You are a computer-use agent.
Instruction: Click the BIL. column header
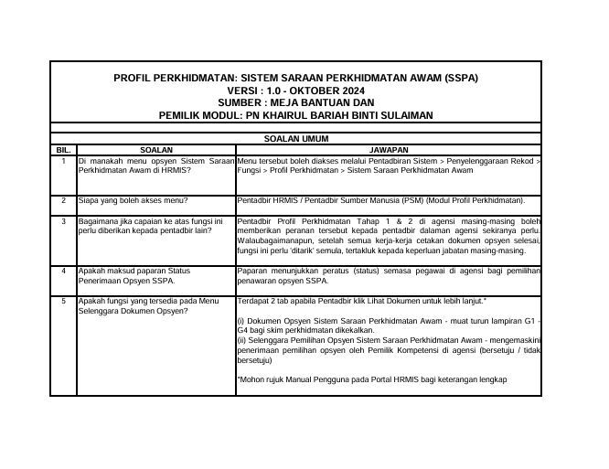(x=63, y=149)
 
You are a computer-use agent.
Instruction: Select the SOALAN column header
(x=155, y=149)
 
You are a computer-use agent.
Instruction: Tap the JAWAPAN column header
(x=388, y=149)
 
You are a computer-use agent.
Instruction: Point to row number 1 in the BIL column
(x=63, y=160)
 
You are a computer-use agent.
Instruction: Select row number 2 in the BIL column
(x=63, y=199)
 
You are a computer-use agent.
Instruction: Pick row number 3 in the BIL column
(x=63, y=221)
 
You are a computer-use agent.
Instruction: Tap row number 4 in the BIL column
(x=63, y=272)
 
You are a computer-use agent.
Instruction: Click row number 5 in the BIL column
(x=63, y=300)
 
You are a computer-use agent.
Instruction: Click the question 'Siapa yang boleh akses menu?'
(x=134, y=199)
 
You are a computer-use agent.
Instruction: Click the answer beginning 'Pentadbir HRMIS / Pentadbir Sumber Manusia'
(x=380, y=199)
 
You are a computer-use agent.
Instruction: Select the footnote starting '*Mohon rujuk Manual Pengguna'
(x=371, y=379)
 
